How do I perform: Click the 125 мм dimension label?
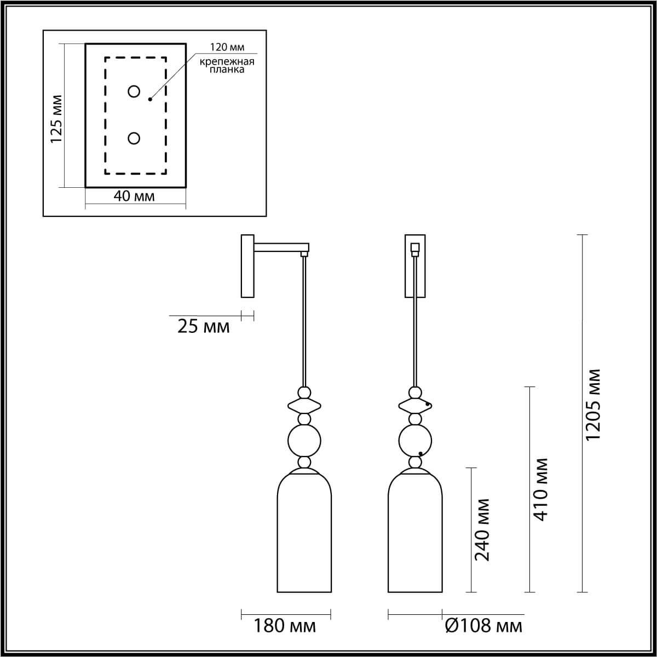point(57,119)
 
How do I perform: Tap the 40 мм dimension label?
point(134,196)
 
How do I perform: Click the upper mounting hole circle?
point(134,91)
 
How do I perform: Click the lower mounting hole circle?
point(134,139)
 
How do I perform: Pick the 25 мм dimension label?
point(203,327)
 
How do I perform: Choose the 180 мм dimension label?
point(285,626)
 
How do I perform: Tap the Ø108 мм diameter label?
point(484,626)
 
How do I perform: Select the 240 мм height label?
point(482,529)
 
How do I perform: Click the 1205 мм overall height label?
point(593,405)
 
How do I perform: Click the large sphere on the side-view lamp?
point(304,440)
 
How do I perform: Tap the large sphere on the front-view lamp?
point(415,440)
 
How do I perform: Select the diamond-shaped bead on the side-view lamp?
point(304,406)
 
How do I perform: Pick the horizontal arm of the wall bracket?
point(280,247)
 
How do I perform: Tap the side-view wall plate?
point(247,266)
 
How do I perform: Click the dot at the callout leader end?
point(149,100)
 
